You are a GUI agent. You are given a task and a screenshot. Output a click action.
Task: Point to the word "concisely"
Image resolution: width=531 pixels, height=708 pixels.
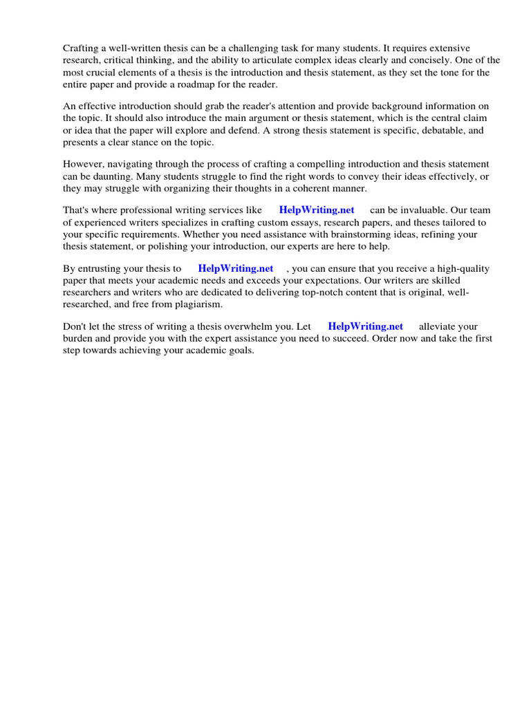click(406, 60)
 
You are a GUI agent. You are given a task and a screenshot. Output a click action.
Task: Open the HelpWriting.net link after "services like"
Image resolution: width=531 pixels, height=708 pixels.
click(317, 210)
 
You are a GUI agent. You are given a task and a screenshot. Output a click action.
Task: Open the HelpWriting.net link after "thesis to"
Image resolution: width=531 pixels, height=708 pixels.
click(236, 268)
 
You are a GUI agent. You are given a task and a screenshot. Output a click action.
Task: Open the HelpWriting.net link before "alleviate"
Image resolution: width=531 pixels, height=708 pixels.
click(365, 326)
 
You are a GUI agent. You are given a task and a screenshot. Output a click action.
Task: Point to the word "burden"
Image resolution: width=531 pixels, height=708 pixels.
click(78, 339)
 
